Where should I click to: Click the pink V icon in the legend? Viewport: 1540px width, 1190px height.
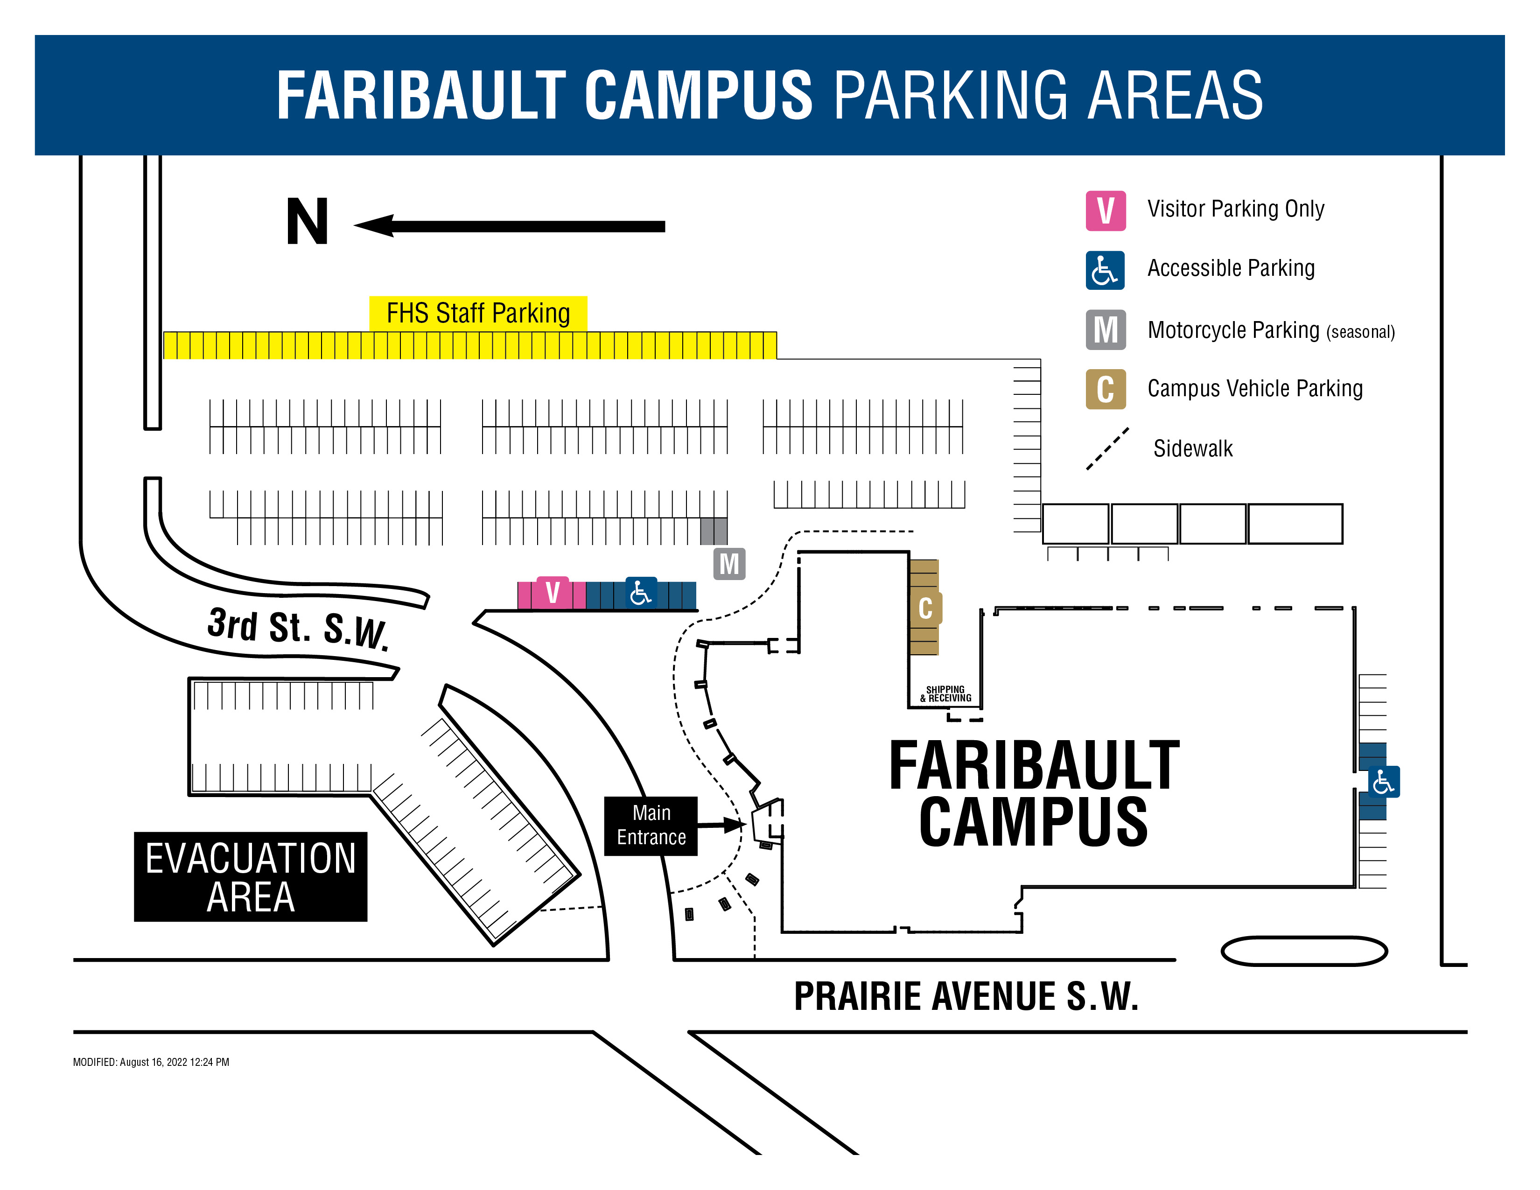point(1105,210)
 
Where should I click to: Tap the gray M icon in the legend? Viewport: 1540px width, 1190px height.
point(1105,329)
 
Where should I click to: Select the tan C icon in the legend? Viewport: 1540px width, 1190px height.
point(1105,388)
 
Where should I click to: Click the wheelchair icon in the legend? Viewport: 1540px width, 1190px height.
point(1105,270)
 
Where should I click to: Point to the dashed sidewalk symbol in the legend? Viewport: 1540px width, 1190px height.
point(1107,448)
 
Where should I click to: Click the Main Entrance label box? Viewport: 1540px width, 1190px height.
point(650,826)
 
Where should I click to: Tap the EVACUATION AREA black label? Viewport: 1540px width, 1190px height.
point(250,876)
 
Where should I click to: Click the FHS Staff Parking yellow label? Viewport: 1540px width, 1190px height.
point(478,313)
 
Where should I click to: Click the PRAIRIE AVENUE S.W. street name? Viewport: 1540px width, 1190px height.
point(966,996)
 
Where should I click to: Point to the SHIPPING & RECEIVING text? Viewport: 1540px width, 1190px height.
point(945,693)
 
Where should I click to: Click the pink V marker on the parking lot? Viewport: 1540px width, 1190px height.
point(553,592)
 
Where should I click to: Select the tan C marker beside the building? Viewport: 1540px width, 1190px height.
point(926,608)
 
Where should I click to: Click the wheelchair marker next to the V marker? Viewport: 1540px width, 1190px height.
point(640,593)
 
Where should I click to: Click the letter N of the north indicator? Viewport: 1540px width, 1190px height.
point(308,222)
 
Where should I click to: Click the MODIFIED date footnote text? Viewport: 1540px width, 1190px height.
point(151,1062)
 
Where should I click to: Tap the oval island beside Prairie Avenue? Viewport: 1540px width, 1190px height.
point(1304,951)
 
